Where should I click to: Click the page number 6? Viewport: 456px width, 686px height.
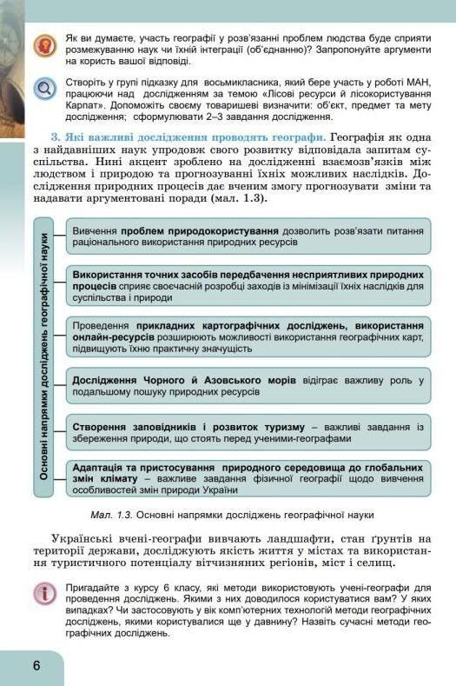(x=36, y=665)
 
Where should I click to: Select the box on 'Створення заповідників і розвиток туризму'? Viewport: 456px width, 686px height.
(x=248, y=432)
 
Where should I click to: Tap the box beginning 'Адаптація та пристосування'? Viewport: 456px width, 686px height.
(x=248, y=477)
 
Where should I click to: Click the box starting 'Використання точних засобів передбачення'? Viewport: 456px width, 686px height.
(x=248, y=284)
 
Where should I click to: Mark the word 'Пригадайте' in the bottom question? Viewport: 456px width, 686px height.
(x=96, y=588)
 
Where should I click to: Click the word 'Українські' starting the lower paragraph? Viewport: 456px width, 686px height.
(x=83, y=539)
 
